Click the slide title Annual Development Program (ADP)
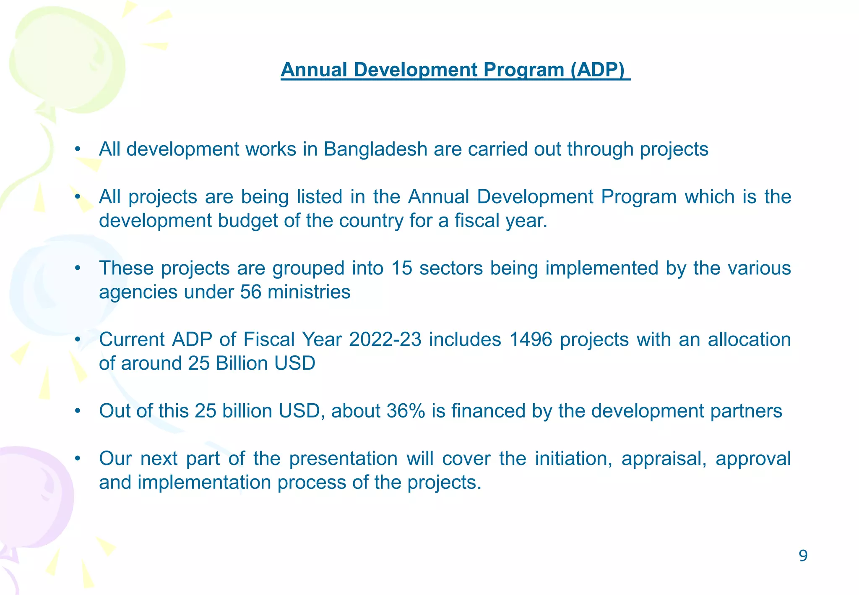coord(455,70)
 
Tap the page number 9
coord(803,556)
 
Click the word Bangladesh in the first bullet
coord(375,149)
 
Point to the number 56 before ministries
coord(250,292)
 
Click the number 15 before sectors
coord(401,268)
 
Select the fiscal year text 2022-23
coord(385,339)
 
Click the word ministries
coord(309,292)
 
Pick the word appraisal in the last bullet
coord(664,459)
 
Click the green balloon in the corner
coord(67,59)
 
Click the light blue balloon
coord(59,285)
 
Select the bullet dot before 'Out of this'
coord(77,411)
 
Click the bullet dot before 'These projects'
coord(77,269)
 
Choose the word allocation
coord(749,339)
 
